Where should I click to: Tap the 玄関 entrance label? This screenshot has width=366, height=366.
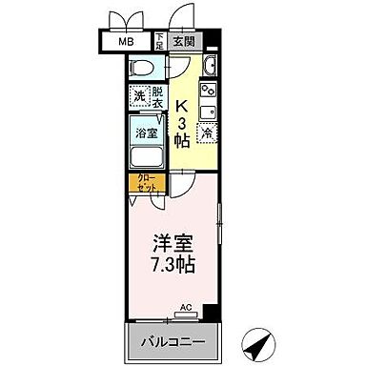point(184,43)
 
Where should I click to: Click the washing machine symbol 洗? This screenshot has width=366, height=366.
point(138,95)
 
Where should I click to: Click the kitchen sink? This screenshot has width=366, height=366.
point(211,112)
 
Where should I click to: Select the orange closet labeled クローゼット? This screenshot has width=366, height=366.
point(147,183)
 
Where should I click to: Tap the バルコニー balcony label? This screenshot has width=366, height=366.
point(173,339)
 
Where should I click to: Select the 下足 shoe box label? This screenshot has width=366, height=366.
point(161,42)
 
